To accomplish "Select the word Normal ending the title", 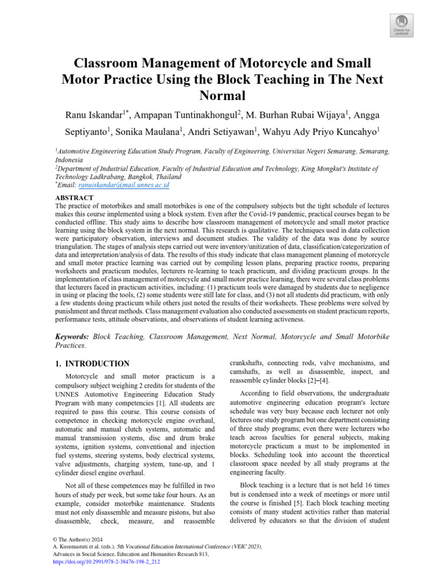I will [x=220, y=94].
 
